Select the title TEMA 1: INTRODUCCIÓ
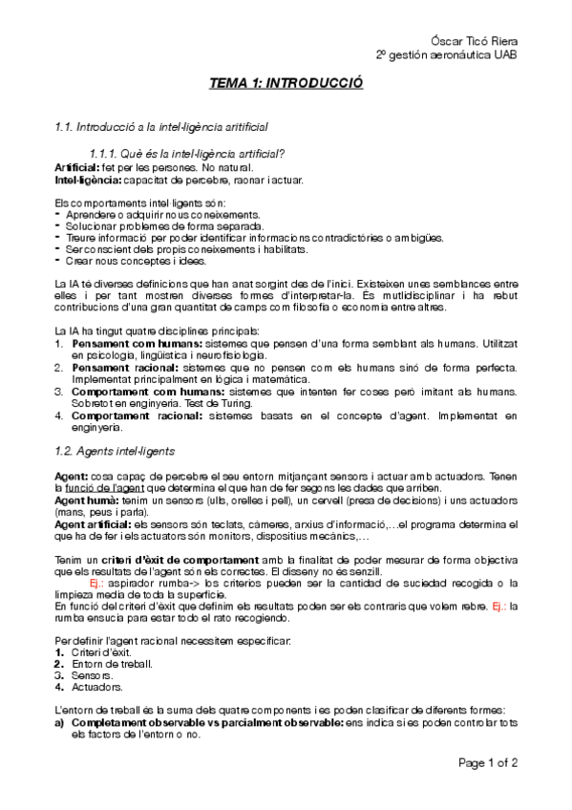point(286,85)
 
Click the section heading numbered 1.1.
point(161,125)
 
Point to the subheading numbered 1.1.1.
point(185,153)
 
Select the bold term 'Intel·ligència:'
point(87,179)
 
